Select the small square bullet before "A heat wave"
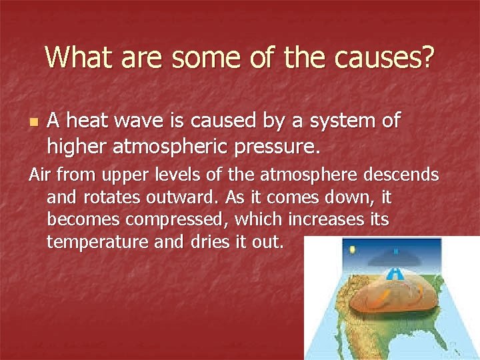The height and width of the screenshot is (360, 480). tap(34, 123)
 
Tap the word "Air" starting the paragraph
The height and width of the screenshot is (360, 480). tap(40, 175)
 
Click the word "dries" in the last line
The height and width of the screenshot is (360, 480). tap(203, 241)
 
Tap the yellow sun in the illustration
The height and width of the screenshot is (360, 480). tap(352, 251)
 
